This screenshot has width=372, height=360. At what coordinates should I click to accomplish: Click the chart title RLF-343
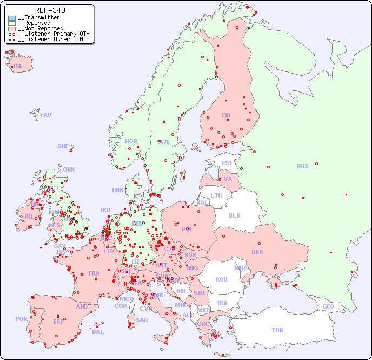coord(50,10)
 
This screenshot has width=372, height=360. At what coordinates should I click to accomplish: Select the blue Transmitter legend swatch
coord(12,18)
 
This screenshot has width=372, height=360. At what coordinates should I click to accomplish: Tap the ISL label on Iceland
coord(18,67)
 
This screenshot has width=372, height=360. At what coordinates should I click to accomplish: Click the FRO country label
coord(46,115)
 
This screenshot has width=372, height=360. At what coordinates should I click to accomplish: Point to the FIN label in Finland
coord(226,115)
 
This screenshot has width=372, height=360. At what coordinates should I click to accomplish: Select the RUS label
coord(302,166)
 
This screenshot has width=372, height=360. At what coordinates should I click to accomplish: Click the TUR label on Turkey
coord(277,330)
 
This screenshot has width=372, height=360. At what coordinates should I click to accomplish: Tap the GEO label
coord(328,306)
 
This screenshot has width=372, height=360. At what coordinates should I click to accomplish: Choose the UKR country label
coord(257,252)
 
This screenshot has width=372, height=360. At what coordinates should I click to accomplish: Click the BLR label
coord(234,215)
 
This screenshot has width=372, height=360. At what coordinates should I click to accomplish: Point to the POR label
coord(21,319)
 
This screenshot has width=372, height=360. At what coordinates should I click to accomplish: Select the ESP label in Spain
coord(58,321)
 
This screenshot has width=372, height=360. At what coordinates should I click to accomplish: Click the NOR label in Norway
coord(131,141)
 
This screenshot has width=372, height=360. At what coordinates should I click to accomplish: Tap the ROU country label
coord(221,279)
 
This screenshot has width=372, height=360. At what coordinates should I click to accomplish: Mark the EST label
coord(227,163)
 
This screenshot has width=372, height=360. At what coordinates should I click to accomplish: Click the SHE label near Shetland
coord(63,146)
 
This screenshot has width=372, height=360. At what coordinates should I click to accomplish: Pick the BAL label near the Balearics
coord(98,332)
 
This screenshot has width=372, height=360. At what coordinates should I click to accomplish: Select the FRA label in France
coord(94,273)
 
